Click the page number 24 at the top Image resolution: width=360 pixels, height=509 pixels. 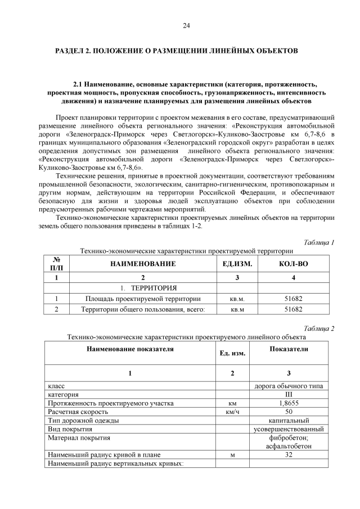[186, 26]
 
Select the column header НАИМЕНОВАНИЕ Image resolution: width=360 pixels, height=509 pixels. [143, 263]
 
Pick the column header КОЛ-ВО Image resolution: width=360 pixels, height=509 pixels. [293, 263]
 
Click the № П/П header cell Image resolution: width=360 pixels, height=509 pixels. [56, 263]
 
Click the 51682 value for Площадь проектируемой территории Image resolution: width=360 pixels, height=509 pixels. [293, 299]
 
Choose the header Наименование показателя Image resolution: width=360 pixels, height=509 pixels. [130, 349]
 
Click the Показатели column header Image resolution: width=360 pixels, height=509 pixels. [289, 349]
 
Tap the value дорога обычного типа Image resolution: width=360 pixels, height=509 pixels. [289, 386]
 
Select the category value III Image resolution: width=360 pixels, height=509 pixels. [289, 395]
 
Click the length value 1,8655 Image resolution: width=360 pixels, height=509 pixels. [289, 403]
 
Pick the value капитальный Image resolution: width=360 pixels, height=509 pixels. [289, 420]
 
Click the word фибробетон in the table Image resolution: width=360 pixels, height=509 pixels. [289, 437]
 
